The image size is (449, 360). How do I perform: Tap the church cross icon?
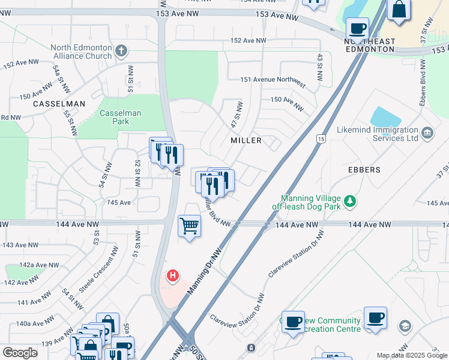[x=122, y=50]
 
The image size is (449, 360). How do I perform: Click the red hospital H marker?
[x=173, y=276]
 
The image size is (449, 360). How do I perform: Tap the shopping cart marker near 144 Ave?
[x=189, y=226]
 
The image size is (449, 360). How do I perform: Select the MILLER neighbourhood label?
[x=246, y=140]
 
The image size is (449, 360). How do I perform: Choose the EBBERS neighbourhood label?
[x=364, y=170]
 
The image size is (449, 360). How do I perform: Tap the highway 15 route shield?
[x=321, y=140]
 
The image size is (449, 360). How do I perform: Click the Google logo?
[x=20, y=353]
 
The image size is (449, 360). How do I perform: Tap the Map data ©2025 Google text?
[x=411, y=355]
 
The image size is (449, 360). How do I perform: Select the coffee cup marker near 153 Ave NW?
[x=358, y=28]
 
